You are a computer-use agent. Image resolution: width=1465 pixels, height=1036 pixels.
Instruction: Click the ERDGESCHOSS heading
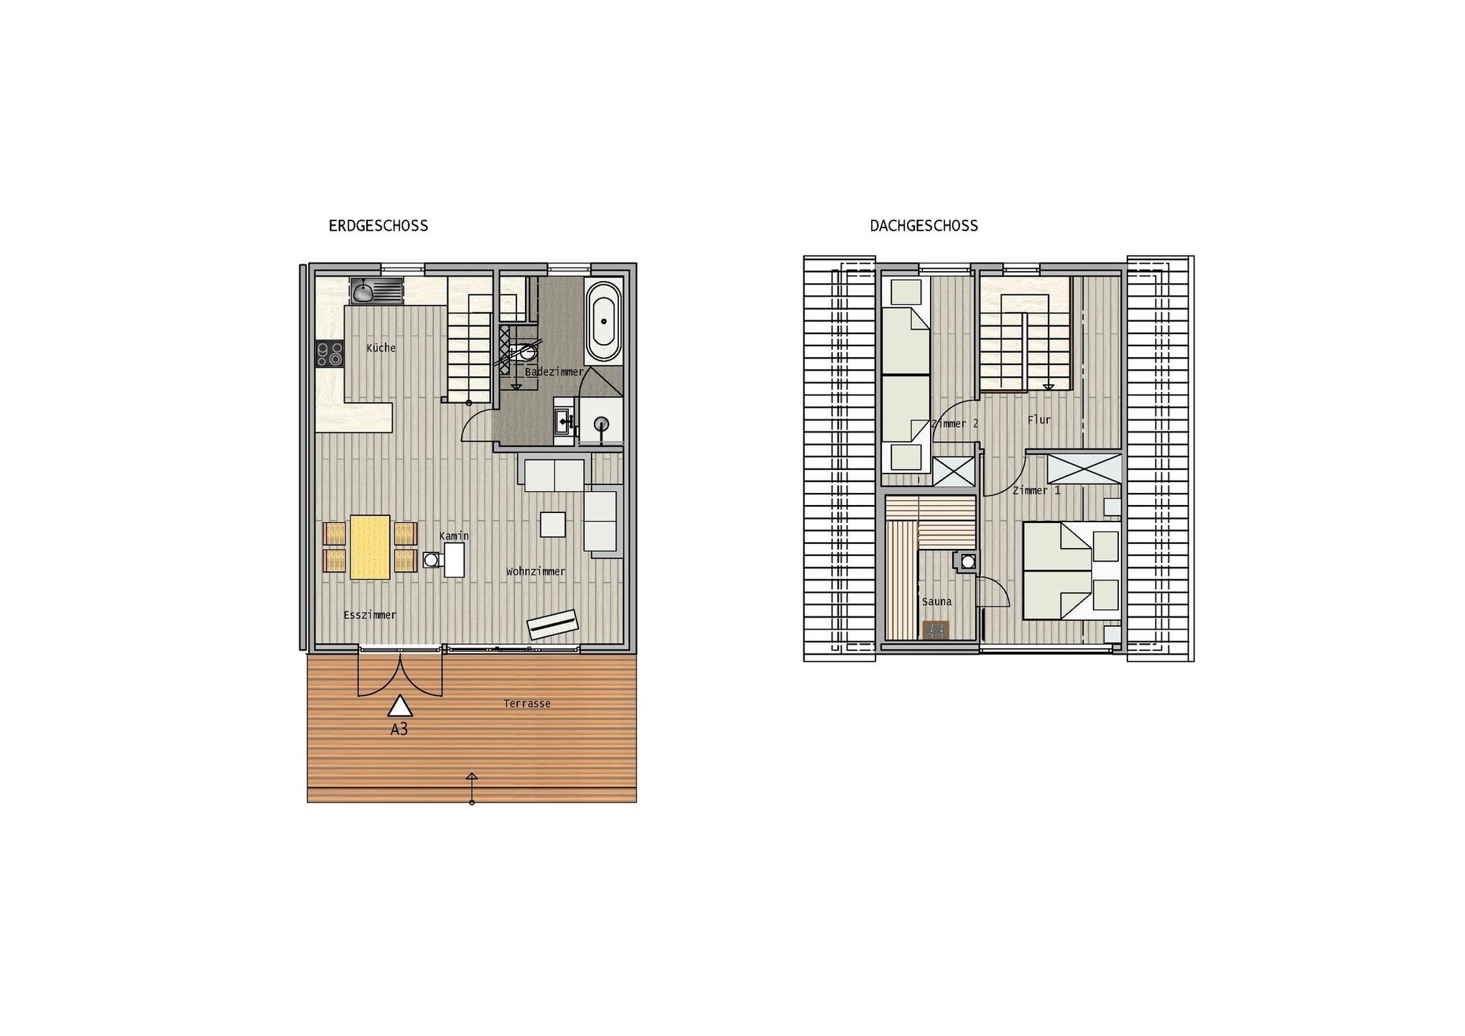pyautogui.click(x=378, y=226)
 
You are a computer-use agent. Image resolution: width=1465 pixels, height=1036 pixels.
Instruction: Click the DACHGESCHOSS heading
pyautogui.click(x=924, y=226)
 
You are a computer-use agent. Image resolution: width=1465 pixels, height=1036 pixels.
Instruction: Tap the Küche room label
pyautogui.click(x=381, y=348)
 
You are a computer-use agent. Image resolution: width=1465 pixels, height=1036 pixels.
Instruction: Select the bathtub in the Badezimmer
pyautogui.click(x=603, y=321)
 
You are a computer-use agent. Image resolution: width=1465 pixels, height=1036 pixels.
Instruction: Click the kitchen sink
pyautogui.click(x=377, y=290)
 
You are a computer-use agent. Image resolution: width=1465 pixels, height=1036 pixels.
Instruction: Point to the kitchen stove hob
pyautogui.click(x=330, y=353)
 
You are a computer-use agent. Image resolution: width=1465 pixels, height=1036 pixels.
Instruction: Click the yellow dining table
pyautogui.click(x=370, y=547)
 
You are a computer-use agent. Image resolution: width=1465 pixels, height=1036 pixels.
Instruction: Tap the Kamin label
pyautogui.click(x=454, y=536)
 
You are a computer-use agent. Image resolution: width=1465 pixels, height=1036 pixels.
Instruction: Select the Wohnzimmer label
pyautogui.click(x=536, y=572)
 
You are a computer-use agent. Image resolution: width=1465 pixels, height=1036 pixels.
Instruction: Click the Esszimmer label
pyautogui.click(x=370, y=615)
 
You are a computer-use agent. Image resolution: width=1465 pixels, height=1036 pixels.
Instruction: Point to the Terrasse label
pyautogui.click(x=527, y=703)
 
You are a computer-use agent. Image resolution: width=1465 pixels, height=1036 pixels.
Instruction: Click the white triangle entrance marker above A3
pyautogui.click(x=400, y=706)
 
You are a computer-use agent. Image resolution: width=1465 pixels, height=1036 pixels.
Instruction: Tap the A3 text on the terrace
pyautogui.click(x=399, y=729)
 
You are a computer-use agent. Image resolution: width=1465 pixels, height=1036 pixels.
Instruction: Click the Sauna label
pyautogui.click(x=937, y=602)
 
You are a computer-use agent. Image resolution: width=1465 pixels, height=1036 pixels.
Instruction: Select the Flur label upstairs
pyautogui.click(x=1039, y=420)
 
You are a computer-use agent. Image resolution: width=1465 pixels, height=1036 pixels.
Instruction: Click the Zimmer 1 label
pyautogui.click(x=1036, y=491)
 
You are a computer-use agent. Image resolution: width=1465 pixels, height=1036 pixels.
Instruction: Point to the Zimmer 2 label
pyautogui.click(x=954, y=424)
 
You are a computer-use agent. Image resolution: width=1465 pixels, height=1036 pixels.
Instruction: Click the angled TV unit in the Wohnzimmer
pyautogui.click(x=553, y=624)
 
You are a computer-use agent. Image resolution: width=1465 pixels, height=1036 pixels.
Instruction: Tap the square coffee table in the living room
pyautogui.click(x=553, y=524)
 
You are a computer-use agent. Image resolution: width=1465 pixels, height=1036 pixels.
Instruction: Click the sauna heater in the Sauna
pyautogui.click(x=936, y=630)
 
